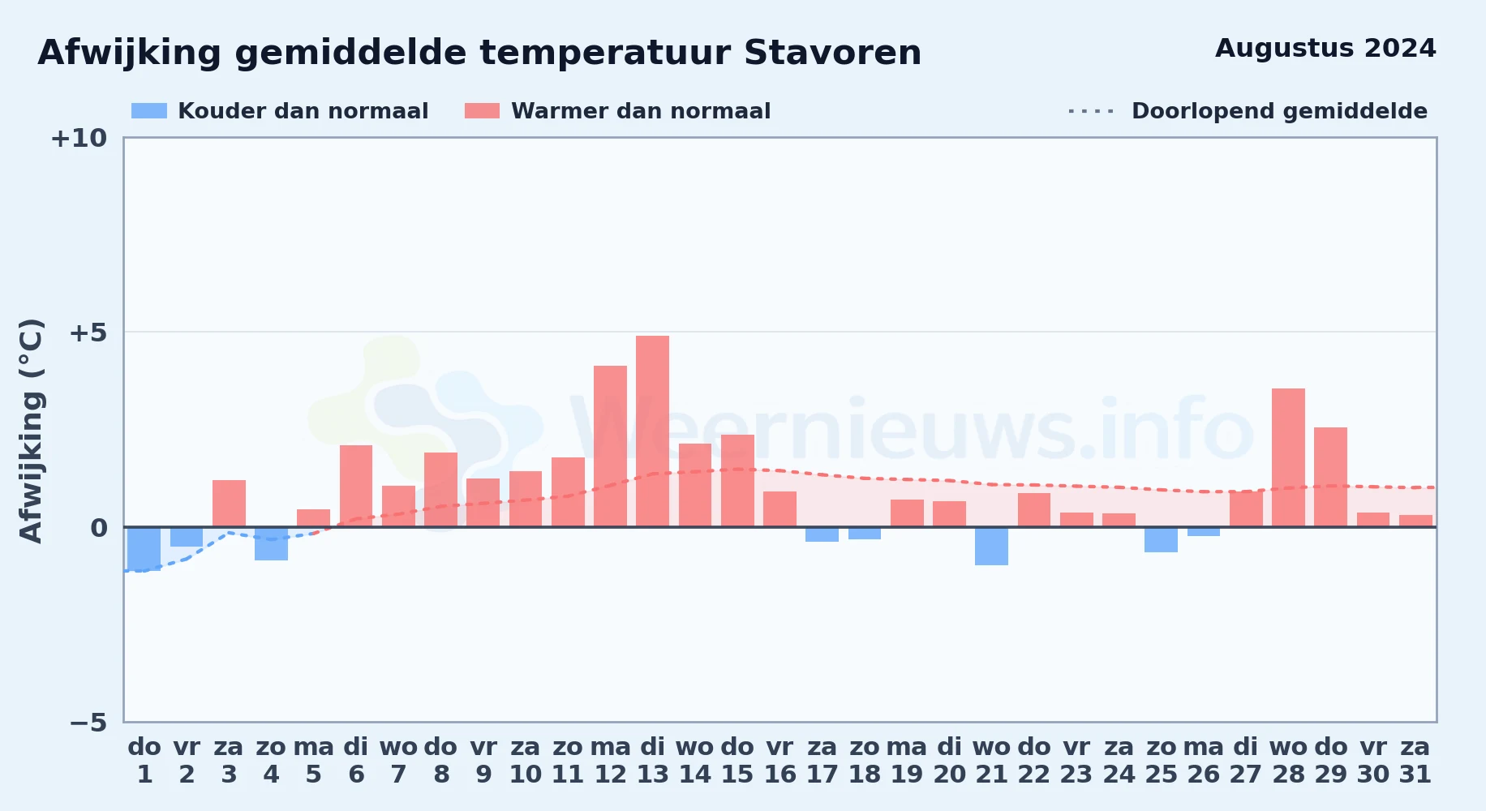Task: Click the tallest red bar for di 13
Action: point(652,431)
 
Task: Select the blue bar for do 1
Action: point(144,549)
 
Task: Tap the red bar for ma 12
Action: point(610,446)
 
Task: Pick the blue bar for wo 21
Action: point(991,546)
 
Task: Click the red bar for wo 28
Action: point(1288,457)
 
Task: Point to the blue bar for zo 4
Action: point(271,543)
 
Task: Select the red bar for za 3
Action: point(229,504)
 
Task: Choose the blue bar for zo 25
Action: point(1161,539)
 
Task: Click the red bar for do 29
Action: point(1330,477)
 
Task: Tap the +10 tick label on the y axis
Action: point(79,138)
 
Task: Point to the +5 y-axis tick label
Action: point(88,333)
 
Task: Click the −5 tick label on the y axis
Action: point(88,722)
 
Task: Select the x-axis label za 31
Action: point(1415,761)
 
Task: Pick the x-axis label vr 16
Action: point(780,761)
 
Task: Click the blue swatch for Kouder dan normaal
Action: point(149,111)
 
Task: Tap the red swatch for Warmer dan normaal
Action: point(482,111)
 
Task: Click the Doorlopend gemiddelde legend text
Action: point(1279,111)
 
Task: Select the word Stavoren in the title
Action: point(832,53)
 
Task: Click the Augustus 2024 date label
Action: point(1325,49)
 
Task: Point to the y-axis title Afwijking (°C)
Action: point(31,431)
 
